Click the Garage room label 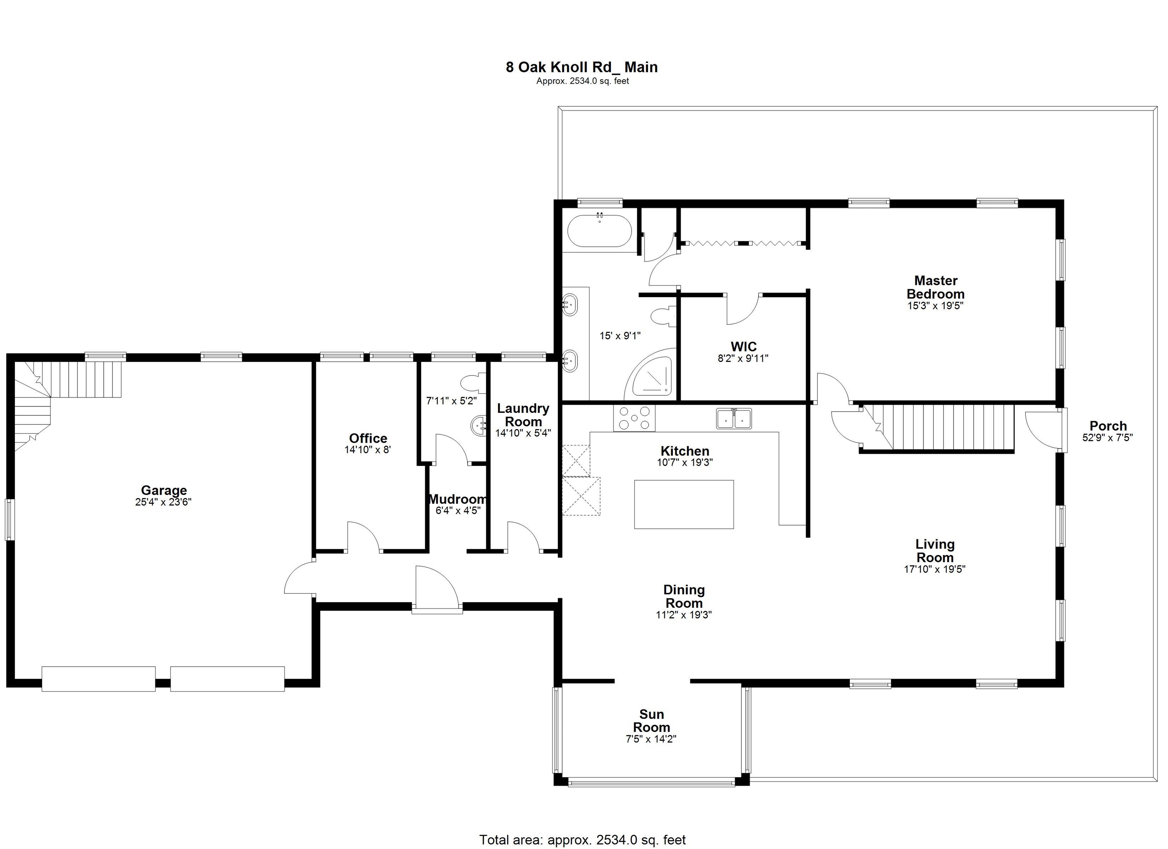click(164, 491)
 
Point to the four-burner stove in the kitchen click(634, 418)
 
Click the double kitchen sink click(734, 418)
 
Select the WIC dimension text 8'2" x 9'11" click(743, 358)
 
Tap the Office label click(368, 438)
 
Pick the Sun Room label click(651, 721)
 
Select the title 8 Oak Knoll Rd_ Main click(581, 67)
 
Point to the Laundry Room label click(523, 415)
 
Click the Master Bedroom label click(935, 287)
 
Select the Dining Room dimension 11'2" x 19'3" click(683, 615)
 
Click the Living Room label click(935, 551)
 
